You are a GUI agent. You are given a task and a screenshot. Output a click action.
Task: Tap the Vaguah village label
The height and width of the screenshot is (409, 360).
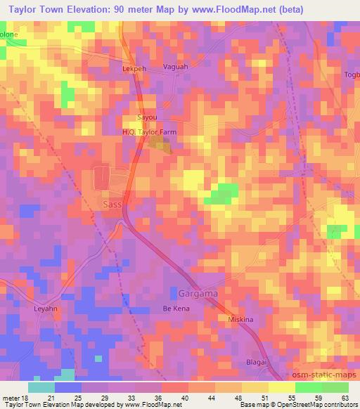(175, 67)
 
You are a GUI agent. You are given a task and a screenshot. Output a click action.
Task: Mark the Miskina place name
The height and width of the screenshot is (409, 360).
(242, 319)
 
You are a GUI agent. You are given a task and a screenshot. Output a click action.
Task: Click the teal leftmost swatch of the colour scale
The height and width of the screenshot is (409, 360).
(41, 387)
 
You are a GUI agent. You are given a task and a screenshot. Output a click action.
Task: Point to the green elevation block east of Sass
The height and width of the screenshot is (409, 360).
(224, 193)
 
